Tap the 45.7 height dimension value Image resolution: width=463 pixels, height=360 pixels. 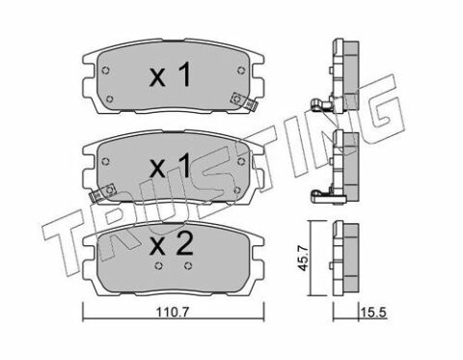click(x=302, y=258)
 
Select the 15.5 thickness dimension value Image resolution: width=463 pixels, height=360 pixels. click(x=373, y=312)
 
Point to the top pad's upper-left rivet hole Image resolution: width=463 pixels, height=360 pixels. click(x=105, y=70)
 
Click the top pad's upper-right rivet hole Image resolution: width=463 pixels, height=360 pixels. click(x=241, y=70)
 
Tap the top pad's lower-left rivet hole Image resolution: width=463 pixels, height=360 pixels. click(x=110, y=98)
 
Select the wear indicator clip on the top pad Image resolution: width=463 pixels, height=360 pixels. click(x=244, y=101)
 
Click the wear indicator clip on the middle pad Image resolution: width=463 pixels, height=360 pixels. click(x=103, y=192)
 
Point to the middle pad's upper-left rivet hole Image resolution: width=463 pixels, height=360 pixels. click(x=105, y=162)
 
